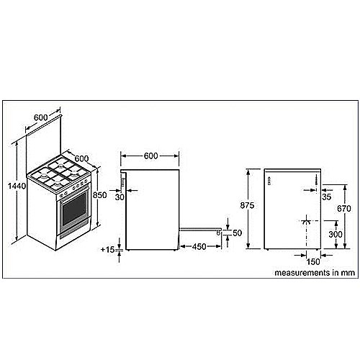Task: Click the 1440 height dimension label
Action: (x=17, y=186)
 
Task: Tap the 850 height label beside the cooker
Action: (x=99, y=195)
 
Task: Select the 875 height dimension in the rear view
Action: (x=247, y=205)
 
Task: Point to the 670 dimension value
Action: (x=344, y=209)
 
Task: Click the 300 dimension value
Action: (x=336, y=234)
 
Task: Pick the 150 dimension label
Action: (x=313, y=261)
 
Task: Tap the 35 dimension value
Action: (x=326, y=197)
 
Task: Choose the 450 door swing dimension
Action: (x=199, y=246)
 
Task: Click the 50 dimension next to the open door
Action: (x=237, y=233)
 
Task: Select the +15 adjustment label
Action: (x=107, y=250)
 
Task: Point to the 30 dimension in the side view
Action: (x=120, y=197)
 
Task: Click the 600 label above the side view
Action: (x=150, y=156)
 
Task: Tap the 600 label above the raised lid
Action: (x=40, y=117)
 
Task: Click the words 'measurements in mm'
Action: (x=315, y=273)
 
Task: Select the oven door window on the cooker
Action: (x=74, y=210)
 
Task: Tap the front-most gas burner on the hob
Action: (x=57, y=184)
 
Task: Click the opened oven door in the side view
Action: (x=201, y=230)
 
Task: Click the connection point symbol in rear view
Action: (x=306, y=221)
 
